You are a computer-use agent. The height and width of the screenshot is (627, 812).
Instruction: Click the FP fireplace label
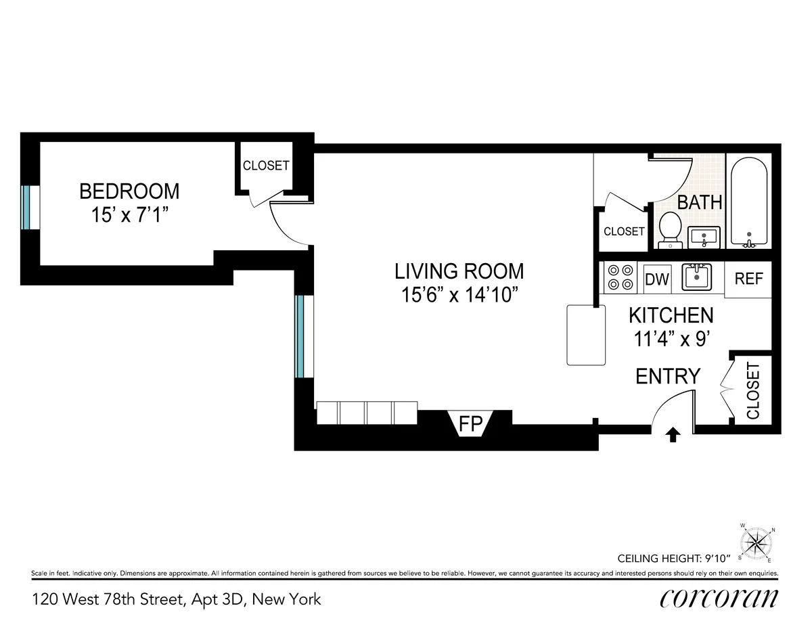(470, 424)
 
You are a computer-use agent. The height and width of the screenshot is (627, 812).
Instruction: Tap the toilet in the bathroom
(669, 229)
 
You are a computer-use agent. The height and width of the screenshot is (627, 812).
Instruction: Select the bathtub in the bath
(748, 202)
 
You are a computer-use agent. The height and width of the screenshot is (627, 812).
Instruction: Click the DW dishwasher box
(656, 279)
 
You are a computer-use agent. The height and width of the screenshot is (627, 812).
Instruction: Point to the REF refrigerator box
(748, 279)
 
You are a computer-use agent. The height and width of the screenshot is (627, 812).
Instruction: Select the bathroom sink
(704, 237)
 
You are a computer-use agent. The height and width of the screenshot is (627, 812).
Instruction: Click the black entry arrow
(673, 434)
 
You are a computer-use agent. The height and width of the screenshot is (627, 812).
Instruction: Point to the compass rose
(757, 543)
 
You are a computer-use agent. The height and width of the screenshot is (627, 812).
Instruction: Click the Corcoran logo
(718, 599)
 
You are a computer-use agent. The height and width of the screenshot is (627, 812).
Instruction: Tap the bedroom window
(26, 207)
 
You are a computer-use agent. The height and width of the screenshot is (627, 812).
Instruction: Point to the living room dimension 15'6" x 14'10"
(459, 296)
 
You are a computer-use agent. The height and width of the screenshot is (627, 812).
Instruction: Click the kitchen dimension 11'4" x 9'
(670, 339)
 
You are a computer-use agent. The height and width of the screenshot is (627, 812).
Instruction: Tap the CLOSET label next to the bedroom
(266, 166)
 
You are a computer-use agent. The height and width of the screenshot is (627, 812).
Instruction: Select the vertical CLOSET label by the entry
(752, 390)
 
